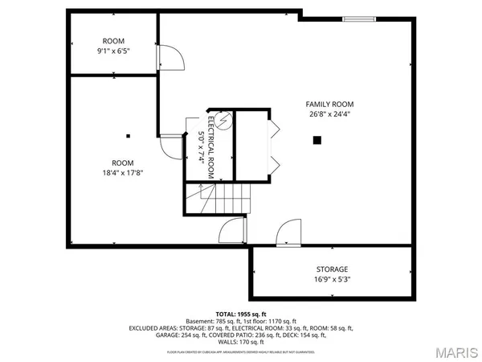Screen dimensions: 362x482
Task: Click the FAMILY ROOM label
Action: tap(329, 104)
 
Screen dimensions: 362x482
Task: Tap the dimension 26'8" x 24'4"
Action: tap(329, 114)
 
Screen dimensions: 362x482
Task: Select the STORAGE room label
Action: tap(331, 269)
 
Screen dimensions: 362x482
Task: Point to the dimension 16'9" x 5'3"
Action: tap(331, 279)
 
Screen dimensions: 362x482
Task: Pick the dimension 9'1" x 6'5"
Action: tap(113, 51)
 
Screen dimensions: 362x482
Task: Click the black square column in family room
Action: tap(317, 140)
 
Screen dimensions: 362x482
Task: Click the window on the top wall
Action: tap(358, 18)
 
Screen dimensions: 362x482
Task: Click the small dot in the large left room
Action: tap(128, 134)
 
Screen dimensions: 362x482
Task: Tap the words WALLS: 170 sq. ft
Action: tap(240, 343)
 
